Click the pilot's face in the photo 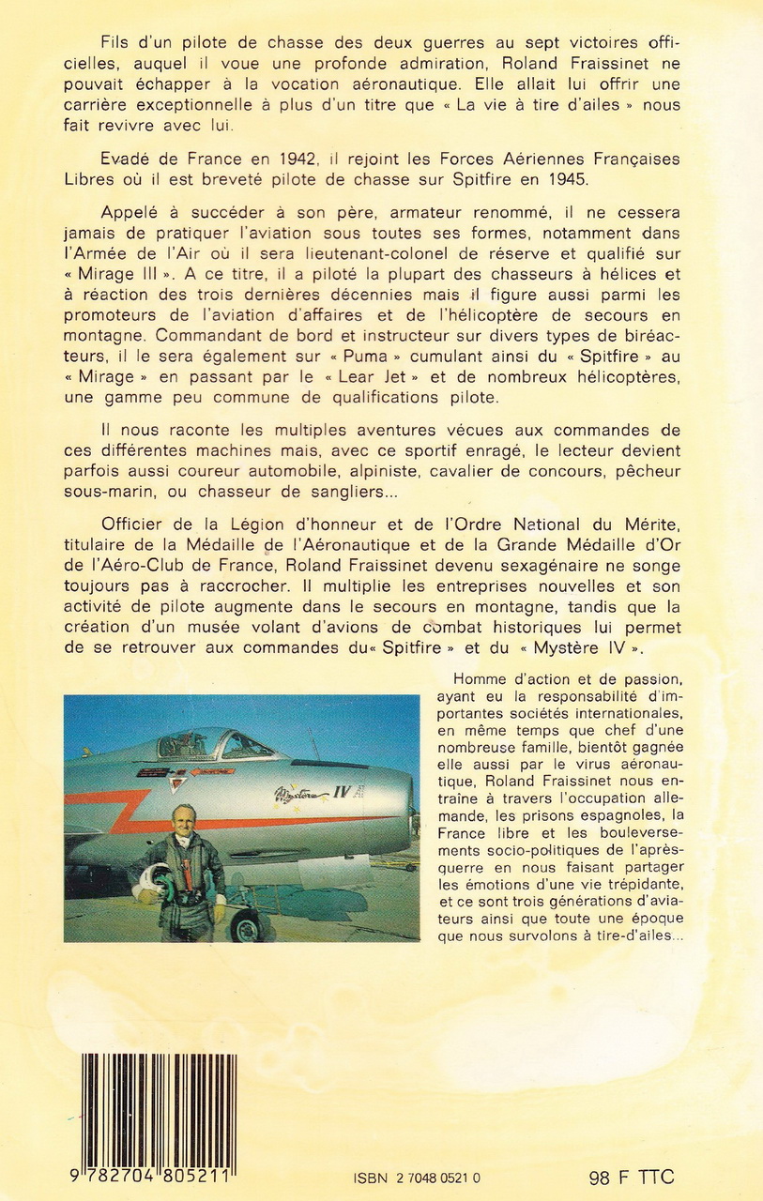[184, 819]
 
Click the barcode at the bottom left [159, 1107]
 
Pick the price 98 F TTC [631, 1178]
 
